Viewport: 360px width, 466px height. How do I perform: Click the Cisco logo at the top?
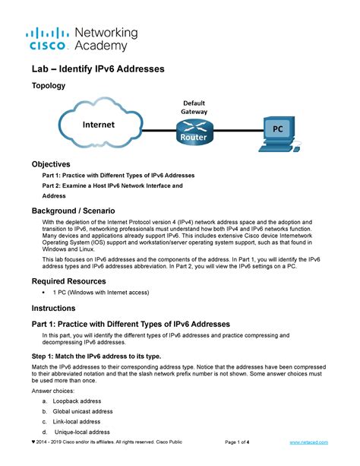tap(48, 38)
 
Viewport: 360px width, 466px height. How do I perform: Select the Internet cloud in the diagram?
tap(99, 125)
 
